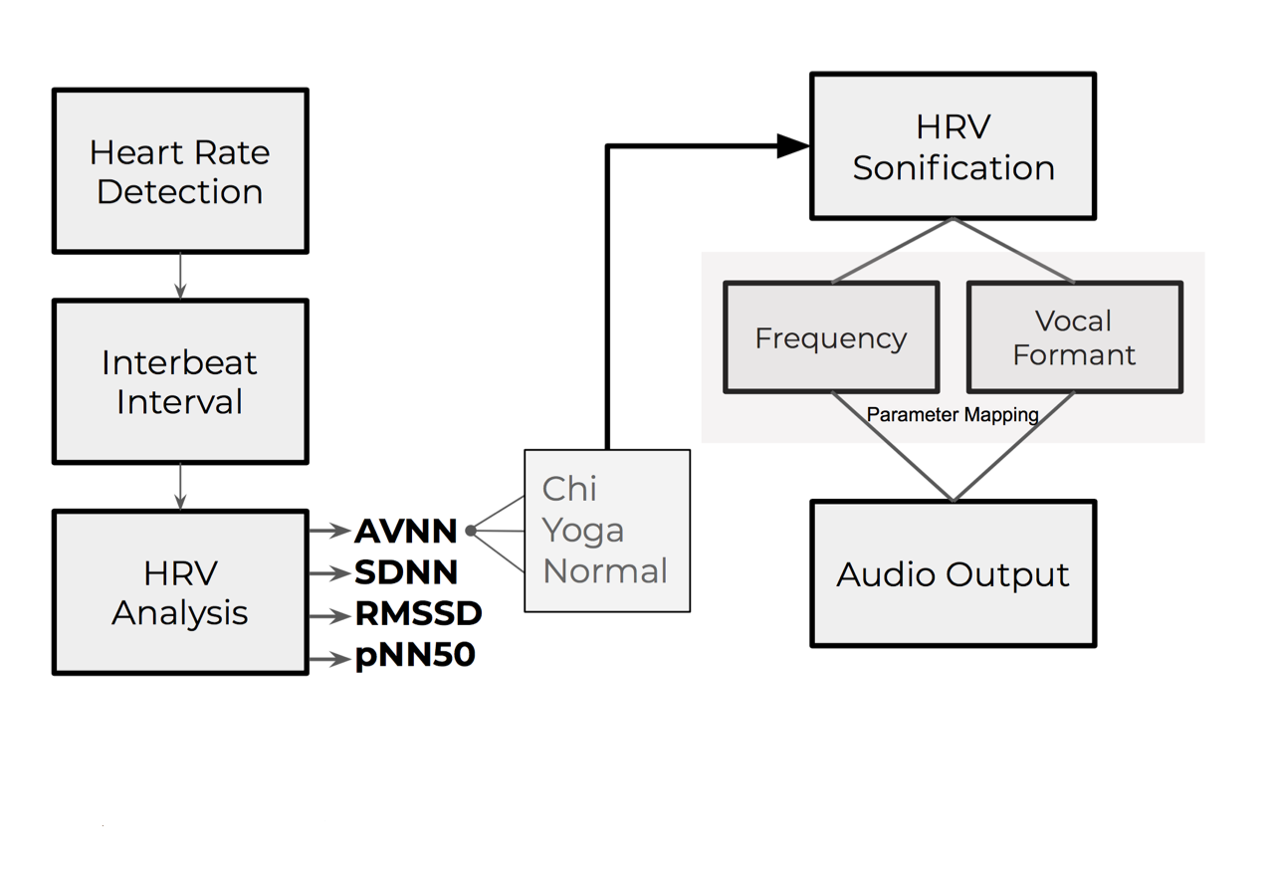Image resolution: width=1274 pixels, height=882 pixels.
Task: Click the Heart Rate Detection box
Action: [180, 170]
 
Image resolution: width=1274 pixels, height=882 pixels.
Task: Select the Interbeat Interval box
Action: [180, 381]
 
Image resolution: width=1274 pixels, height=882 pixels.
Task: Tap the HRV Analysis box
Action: [180, 591]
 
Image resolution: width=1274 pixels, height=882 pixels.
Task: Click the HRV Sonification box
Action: [954, 145]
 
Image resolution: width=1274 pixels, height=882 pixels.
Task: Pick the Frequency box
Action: [831, 336]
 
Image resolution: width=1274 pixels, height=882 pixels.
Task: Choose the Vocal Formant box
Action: [1075, 336]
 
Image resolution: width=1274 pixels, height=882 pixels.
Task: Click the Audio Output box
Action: [954, 573]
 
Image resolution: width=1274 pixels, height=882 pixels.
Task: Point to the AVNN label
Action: [405, 531]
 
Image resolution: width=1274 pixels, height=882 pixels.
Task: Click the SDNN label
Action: [406, 572]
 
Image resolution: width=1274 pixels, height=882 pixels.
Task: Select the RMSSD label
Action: [419, 614]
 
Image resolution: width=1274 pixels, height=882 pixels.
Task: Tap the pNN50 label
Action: [415, 655]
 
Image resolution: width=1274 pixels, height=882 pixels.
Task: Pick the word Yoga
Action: [583, 532]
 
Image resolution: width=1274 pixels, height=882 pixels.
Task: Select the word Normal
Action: [605, 570]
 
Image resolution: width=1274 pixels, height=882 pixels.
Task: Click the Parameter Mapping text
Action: [953, 415]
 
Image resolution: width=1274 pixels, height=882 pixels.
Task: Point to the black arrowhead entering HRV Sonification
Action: [793, 146]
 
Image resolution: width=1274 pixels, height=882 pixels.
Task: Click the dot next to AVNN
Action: [471, 531]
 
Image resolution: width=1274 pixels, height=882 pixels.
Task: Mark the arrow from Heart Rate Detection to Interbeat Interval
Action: [180, 276]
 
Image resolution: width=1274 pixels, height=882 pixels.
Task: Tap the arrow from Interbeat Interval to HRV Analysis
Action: [180, 487]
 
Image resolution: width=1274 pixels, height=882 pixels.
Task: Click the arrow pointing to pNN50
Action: [329, 659]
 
